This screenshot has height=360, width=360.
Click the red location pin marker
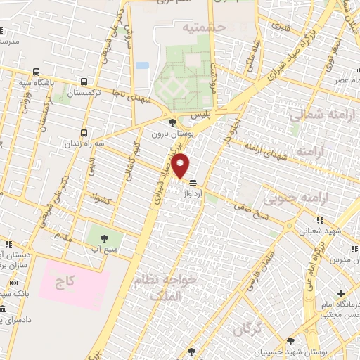tap(181, 166)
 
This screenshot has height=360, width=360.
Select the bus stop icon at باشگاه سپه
tap(36, 72)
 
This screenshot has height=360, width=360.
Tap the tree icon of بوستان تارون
tap(172, 121)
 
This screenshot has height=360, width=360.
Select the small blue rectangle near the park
tap(143, 65)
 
